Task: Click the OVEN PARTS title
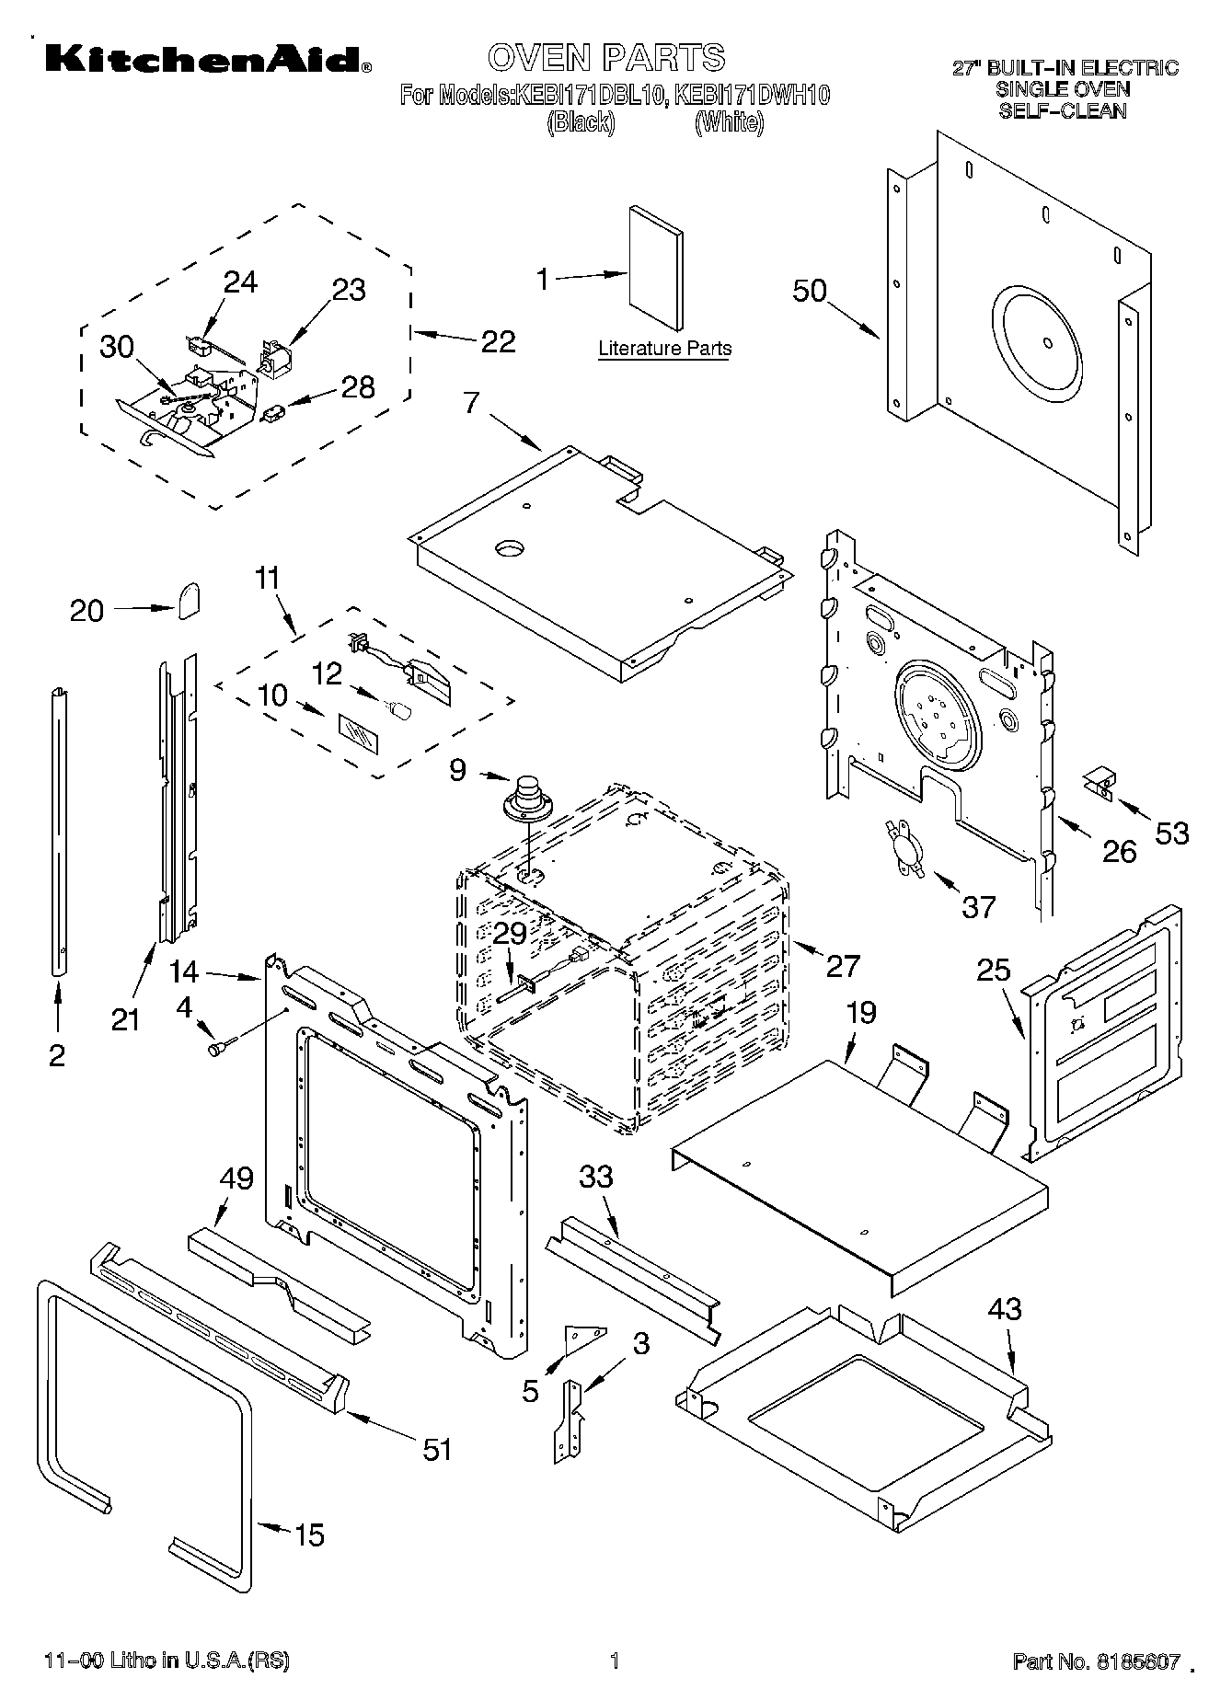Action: point(605,57)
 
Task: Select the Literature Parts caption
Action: point(664,349)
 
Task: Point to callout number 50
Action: point(810,291)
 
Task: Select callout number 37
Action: point(978,907)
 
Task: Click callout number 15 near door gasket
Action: point(309,1534)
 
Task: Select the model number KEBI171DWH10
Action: point(752,95)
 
